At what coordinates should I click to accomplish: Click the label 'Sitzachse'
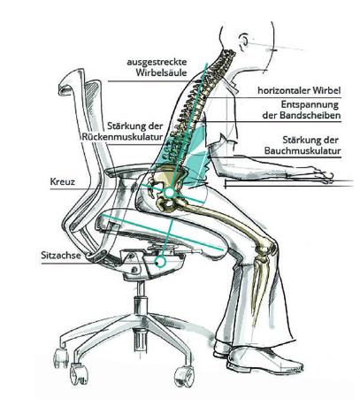61,255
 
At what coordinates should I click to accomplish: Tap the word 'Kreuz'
63,181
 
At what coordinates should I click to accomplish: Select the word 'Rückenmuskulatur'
122,137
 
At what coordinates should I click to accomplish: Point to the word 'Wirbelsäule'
161,73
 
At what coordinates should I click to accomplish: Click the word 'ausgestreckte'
157,62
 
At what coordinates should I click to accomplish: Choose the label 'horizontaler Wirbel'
299,90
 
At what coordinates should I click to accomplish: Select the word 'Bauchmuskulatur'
303,151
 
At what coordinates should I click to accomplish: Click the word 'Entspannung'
310,104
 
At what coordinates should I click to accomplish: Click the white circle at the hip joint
170,193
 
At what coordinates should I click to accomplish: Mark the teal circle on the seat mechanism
160,261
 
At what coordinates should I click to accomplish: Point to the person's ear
243,41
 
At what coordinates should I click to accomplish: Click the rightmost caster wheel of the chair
184,377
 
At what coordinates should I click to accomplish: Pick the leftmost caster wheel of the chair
61,358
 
